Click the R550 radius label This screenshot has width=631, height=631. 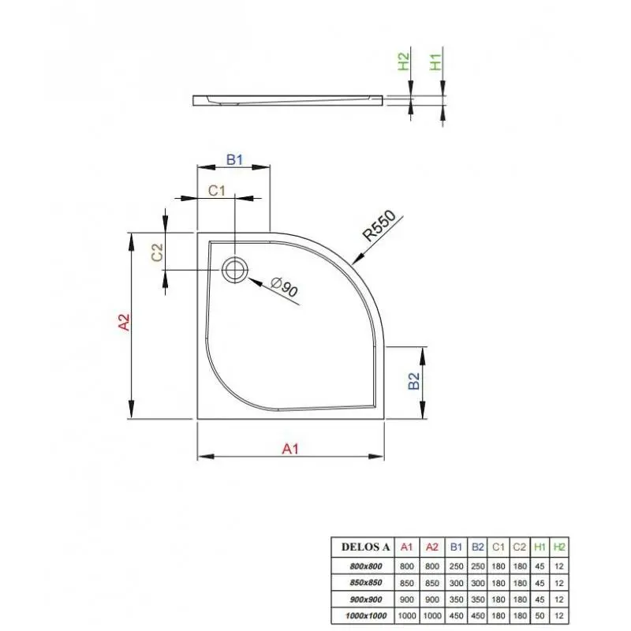(379, 226)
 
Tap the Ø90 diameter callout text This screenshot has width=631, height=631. (284, 286)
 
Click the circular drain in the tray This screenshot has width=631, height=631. (234, 269)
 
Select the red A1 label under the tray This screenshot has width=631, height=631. (290, 448)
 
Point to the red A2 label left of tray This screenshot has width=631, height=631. (124, 322)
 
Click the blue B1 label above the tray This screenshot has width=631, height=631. (234, 160)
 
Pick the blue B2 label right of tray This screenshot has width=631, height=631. (413, 381)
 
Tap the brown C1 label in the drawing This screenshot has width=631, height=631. (216, 190)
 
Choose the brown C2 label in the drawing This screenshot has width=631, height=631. (157, 252)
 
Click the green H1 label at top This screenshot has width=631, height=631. (436, 62)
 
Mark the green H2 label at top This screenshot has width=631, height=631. (403, 62)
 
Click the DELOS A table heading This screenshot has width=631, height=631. (365, 547)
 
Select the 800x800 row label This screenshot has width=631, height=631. (366, 566)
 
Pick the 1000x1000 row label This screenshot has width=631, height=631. (366, 616)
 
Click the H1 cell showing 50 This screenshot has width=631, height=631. (540, 616)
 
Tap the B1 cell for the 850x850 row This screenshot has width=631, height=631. (457, 583)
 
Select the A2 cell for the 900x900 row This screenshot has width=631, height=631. (431, 599)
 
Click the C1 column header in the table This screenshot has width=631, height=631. (498, 547)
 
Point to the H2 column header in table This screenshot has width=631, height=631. (559, 547)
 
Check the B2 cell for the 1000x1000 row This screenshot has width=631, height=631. (478, 616)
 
